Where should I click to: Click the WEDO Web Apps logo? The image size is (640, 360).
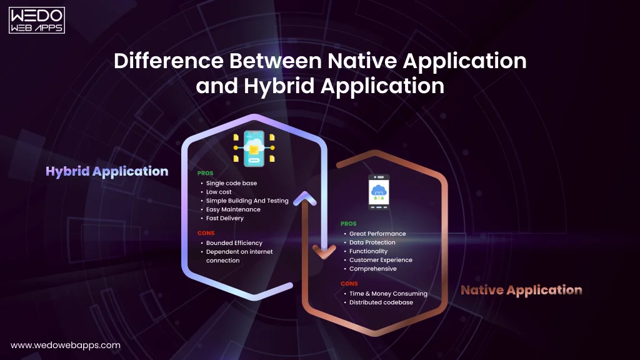37,19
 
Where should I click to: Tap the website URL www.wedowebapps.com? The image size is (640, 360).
66,345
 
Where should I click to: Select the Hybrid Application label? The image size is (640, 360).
107,171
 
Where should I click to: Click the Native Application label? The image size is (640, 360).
521,290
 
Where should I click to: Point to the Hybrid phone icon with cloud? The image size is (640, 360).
254,149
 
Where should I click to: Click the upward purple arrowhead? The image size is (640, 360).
304,199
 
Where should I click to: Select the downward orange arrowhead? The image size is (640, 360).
324,252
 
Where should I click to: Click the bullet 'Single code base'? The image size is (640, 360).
231,184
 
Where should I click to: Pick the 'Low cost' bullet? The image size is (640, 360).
219,192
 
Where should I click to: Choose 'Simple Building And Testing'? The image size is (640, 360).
247,201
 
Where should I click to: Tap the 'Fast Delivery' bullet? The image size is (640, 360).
225,219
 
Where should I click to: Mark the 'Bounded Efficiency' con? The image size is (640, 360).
234,243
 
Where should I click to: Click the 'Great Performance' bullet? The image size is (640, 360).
377,234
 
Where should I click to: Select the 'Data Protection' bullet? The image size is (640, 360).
372,242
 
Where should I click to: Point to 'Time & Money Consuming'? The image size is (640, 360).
388,294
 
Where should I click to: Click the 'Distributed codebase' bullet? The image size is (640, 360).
381,302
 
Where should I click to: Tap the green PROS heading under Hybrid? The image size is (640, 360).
206,173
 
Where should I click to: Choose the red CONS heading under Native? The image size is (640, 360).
349,284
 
